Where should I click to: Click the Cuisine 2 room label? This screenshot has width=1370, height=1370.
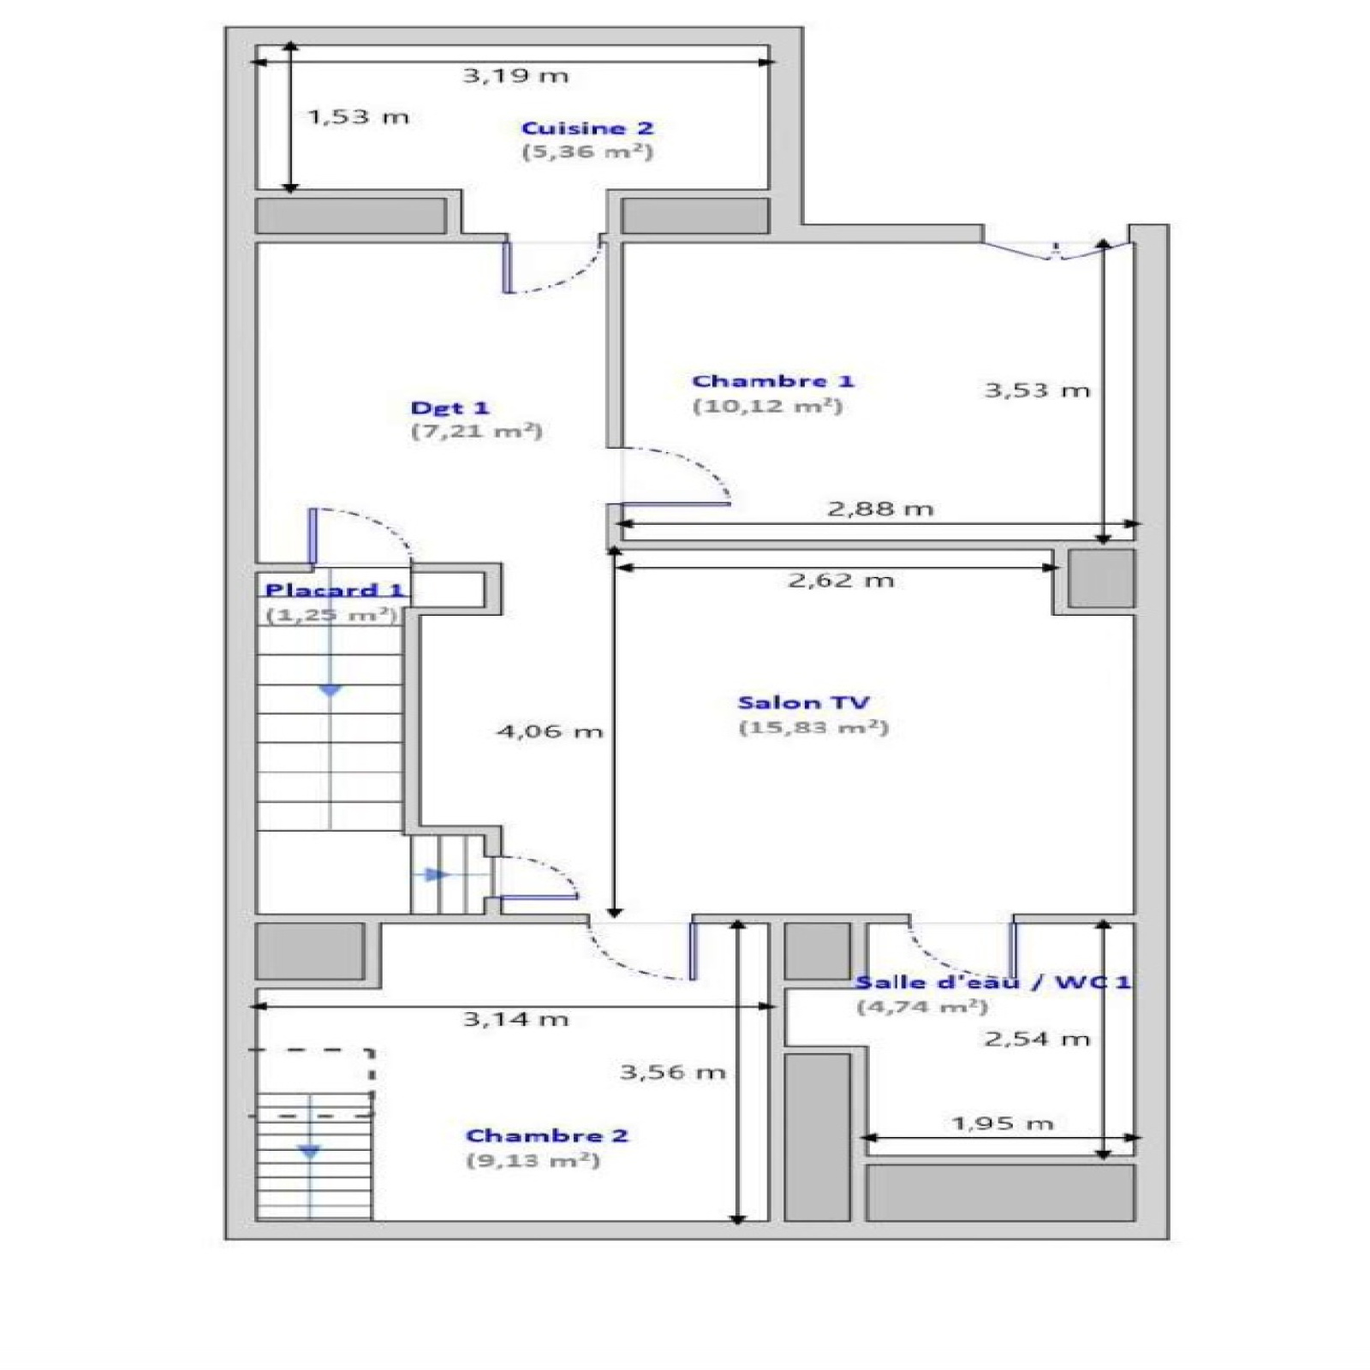point(587,128)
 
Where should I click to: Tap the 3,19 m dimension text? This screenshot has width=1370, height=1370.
point(515,75)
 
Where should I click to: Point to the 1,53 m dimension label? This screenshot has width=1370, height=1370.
point(358,116)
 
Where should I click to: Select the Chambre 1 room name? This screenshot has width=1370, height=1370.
point(773,381)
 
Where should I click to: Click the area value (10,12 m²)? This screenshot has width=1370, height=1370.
point(767,406)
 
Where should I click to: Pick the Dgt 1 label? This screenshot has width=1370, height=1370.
point(450,408)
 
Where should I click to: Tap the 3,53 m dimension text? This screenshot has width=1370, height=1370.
point(1037,390)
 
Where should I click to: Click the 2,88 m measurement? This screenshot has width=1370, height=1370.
point(880,509)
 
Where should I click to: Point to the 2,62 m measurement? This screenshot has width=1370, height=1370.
point(841,581)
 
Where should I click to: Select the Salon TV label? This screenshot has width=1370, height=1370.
point(803,703)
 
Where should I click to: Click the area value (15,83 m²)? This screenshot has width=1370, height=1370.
point(813,728)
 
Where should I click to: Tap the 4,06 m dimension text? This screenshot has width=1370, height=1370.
point(550,731)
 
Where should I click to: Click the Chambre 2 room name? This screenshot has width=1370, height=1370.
point(547,1135)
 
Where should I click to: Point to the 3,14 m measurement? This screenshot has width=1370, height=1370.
point(515,1019)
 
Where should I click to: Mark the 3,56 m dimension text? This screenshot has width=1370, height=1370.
point(673,1072)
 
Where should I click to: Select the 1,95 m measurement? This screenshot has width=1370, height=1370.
point(1002,1123)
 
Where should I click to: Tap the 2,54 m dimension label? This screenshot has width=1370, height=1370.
point(1037,1039)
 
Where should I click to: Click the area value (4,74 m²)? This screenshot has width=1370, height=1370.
point(922,1007)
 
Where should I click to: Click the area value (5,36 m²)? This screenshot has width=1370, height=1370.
point(587,152)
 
